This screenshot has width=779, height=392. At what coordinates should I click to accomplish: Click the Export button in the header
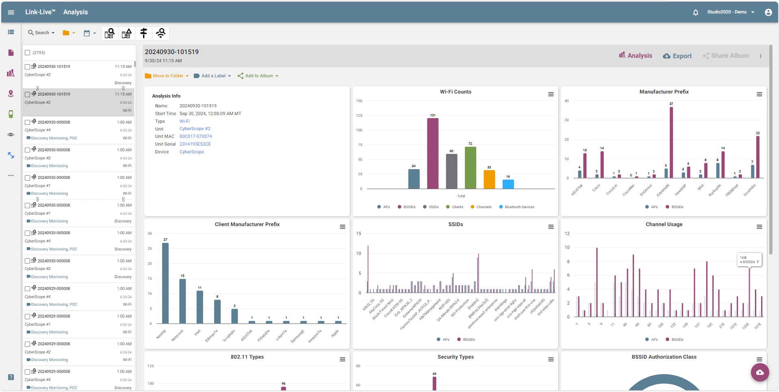(x=677, y=56)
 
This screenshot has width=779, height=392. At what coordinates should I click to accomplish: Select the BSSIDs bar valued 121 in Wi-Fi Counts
(x=432, y=153)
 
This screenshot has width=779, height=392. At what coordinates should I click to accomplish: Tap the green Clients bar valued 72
(x=470, y=168)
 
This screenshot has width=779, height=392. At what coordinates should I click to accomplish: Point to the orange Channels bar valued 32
(x=489, y=179)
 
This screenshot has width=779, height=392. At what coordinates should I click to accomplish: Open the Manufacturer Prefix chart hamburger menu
(x=759, y=94)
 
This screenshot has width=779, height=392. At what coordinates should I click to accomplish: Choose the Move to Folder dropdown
(x=167, y=76)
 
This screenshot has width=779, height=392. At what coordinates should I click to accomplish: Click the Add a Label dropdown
(x=213, y=76)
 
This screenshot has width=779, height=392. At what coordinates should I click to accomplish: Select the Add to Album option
(x=258, y=76)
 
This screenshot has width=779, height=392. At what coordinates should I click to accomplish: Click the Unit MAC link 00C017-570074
(x=195, y=137)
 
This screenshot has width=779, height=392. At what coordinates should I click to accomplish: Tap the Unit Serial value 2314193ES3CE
(x=195, y=144)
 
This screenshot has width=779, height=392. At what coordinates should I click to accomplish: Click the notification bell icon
(x=695, y=12)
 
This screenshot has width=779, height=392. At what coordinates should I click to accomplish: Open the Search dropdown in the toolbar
(x=41, y=33)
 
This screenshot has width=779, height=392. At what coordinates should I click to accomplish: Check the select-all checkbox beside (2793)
(x=28, y=52)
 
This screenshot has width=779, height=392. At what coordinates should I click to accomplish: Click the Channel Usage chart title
(x=664, y=224)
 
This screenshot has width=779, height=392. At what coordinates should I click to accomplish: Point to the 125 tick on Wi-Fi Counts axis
(x=359, y=115)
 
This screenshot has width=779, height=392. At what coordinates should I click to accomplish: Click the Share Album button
(x=726, y=56)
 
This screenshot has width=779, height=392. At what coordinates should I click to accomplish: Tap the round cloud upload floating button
(x=759, y=372)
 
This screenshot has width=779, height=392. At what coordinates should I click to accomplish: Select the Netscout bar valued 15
(x=182, y=301)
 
